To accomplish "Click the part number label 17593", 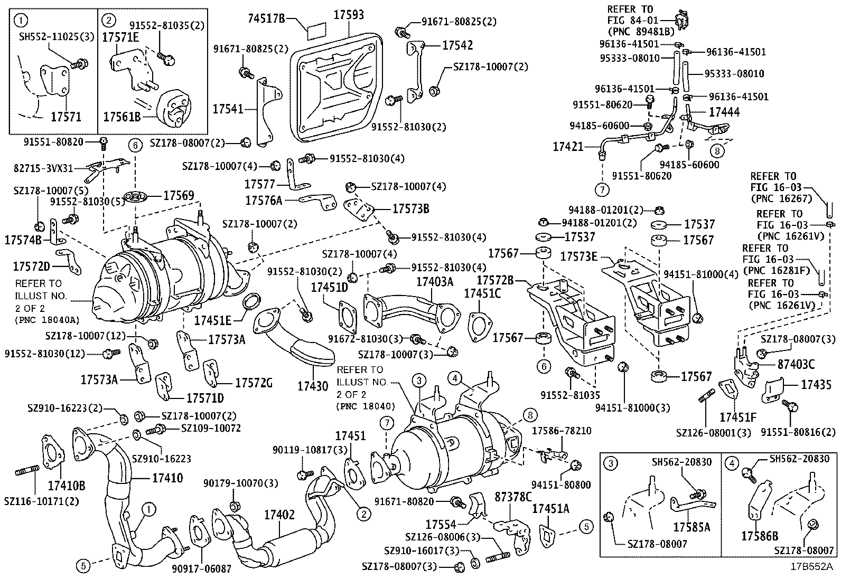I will pyautogui.click(x=348, y=15).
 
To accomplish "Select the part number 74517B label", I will pyautogui.click(x=266, y=20).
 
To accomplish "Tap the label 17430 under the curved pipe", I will pyautogui.click(x=313, y=386).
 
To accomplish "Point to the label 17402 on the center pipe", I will pyautogui.click(x=279, y=515).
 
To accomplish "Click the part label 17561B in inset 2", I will pyautogui.click(x=122, y=117).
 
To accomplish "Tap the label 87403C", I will pyautogui.click(x=796, y=364).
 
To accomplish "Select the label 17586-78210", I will pyautogui.click(x=561, y=431).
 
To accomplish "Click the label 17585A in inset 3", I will pyautogui.click(x=692, y=527).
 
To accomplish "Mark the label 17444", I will pyautogui.click(x=724, y=112).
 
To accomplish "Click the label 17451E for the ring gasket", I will pyautogui.click(x=213, y=320).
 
